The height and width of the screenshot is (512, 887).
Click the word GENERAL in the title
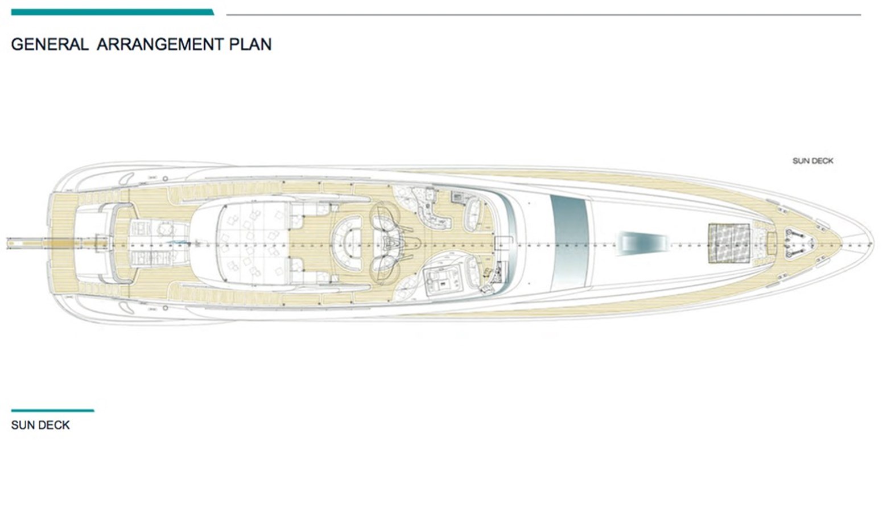(49, 44)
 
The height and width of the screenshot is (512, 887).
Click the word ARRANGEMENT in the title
(160, 44)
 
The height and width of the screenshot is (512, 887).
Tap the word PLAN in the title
(250, 44)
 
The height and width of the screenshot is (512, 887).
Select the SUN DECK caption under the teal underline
(40, 425)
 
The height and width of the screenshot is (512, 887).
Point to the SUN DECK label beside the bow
(812, 161)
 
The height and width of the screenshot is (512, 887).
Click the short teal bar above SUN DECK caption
(52, 410)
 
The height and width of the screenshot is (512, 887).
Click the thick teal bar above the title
(112, 12)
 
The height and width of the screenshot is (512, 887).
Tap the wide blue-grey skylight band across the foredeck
(569, 241)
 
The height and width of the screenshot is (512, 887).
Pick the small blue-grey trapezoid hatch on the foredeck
(643, 241)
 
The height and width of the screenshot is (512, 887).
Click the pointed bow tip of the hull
(871, 243)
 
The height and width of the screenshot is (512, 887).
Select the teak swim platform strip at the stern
(60, 243)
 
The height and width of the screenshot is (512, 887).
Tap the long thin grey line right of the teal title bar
(543, 15)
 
